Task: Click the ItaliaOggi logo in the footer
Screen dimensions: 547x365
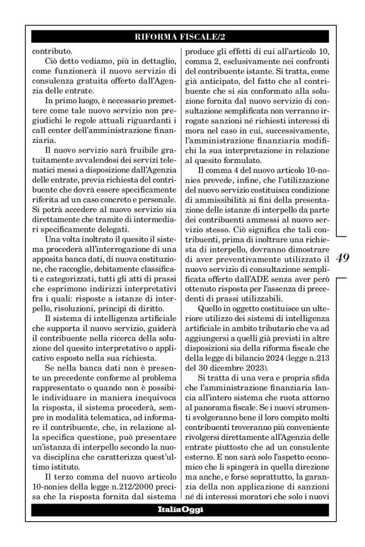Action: click(182, 509)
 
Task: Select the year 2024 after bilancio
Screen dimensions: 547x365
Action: click(278, 359)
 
